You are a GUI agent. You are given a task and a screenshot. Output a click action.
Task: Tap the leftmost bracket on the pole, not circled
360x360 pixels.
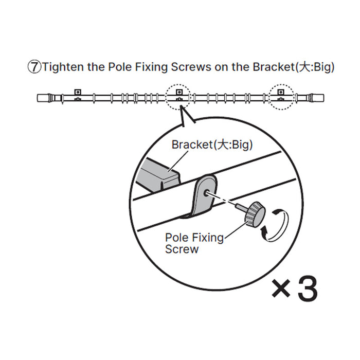coord(78,94)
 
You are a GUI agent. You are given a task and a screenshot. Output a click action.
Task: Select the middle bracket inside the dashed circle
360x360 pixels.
coord(179,94)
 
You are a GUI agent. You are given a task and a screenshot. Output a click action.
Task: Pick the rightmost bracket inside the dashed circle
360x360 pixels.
coord(281,94)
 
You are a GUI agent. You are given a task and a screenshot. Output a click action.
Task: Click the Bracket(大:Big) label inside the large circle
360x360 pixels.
coord(212,145)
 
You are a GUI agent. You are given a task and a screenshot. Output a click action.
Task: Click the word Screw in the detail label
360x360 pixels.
coord(182,249)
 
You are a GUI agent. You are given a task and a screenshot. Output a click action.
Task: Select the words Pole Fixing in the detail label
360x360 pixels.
coord(194,238)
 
